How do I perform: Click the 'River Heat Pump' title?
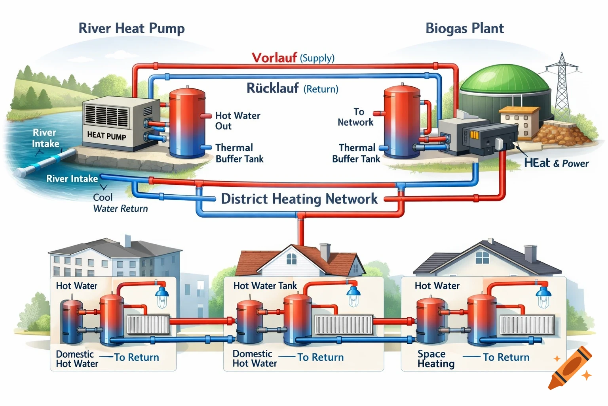(131, 29)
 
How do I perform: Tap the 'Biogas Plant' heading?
(464, 29)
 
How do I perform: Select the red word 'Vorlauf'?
(274, 58)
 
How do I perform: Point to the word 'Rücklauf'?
(272, 88)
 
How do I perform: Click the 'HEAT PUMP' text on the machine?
(106, 136)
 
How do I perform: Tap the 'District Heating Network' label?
(299, 199)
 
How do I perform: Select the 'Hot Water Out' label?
(237, 121)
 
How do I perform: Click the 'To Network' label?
(355, 117)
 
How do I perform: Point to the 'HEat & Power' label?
(556, 163)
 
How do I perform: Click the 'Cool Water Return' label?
(120, 203)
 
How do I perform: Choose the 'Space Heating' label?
(436, 359)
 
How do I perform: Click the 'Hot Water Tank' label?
(265, 286)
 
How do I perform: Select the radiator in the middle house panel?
(343, 324)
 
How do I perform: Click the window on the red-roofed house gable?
(291, 259)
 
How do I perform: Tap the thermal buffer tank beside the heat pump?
(187, 124)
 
